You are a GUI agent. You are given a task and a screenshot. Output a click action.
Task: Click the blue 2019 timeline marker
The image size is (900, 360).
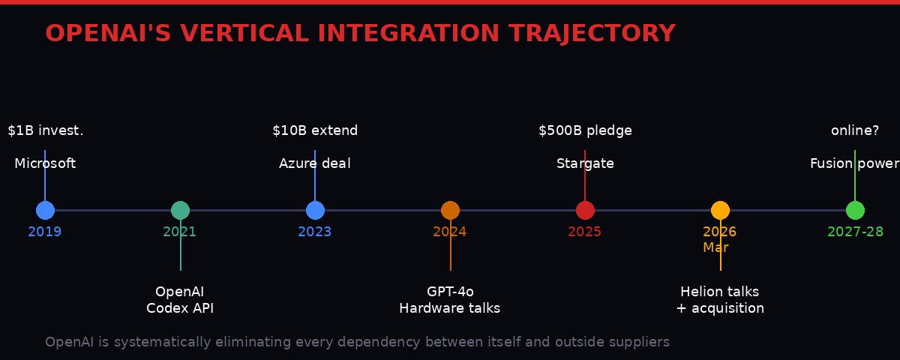(45, 211)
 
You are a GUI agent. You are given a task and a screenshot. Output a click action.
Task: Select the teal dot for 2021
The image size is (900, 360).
(180, 211)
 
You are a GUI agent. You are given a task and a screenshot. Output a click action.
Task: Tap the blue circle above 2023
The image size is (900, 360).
(315, 211)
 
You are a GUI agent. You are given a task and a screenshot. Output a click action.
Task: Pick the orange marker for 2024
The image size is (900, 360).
(450, 211)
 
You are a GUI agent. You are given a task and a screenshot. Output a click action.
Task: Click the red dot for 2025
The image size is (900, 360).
(585, 211)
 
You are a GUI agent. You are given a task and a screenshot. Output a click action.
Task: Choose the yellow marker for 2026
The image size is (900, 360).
(720, 211)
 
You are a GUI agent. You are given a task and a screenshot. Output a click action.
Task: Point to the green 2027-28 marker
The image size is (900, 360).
(855, 211)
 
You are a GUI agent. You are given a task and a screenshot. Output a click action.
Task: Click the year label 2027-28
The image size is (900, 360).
(855, 232)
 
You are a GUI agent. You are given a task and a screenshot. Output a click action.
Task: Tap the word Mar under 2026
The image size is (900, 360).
(715, 248)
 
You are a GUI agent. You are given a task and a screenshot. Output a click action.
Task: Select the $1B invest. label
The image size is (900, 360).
(46, 131)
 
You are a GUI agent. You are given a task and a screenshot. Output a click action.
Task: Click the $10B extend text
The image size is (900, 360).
(315, 131)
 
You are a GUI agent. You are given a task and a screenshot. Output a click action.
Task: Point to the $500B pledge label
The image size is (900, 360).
(585, 131)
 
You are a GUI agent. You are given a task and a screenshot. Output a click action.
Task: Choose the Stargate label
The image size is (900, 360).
(585, 163)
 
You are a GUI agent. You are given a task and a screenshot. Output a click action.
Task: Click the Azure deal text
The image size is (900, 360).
(315, 163)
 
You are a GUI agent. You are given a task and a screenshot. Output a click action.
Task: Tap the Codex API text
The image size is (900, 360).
(180, 308)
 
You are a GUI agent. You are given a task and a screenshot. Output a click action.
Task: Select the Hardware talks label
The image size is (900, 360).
(450, 308)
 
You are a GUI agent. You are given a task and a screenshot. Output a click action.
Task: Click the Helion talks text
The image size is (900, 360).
(720, 292)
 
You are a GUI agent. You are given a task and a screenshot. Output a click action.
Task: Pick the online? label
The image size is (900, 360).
(855, 131)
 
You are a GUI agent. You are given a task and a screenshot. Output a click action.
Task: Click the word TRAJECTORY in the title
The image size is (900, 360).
(592, 34)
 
